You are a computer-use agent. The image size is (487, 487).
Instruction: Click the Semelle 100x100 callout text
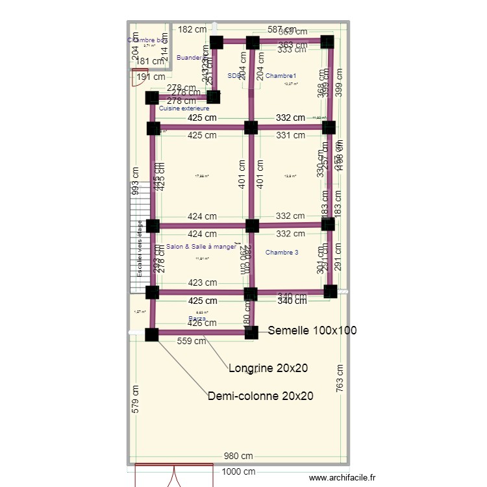point(312,331)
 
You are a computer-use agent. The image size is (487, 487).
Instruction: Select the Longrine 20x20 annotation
point(268,368)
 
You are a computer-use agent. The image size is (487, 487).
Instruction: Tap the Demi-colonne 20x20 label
point(260,395)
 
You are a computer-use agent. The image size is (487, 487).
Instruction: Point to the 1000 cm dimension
point(239,473)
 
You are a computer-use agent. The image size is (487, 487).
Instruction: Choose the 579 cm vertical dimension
point(135,399)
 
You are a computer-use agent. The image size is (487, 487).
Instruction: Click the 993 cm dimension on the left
point(135,181)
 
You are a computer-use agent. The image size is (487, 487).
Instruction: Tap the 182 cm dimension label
point(192,29)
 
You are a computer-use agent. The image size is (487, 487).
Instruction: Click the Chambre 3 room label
point(282,252)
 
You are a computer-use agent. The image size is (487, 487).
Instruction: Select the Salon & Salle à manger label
point(201,247)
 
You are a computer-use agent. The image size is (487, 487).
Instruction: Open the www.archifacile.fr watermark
point(342,478)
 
